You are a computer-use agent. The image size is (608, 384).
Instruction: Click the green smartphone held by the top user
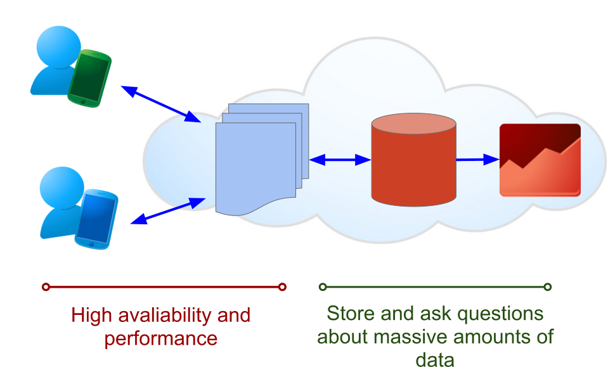coord(89,79)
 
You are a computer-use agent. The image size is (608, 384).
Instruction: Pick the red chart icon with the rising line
coord(540,160)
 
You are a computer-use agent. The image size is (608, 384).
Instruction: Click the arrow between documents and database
coord(340,160)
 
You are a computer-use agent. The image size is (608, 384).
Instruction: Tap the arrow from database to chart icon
coord(477,160)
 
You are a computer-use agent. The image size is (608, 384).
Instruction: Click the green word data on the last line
coord(435,360)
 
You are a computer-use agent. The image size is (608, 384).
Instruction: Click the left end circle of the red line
coord(46,287)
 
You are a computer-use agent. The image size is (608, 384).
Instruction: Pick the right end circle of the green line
coord(548,287)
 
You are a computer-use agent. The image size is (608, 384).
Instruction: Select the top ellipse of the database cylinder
coord(413,124)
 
